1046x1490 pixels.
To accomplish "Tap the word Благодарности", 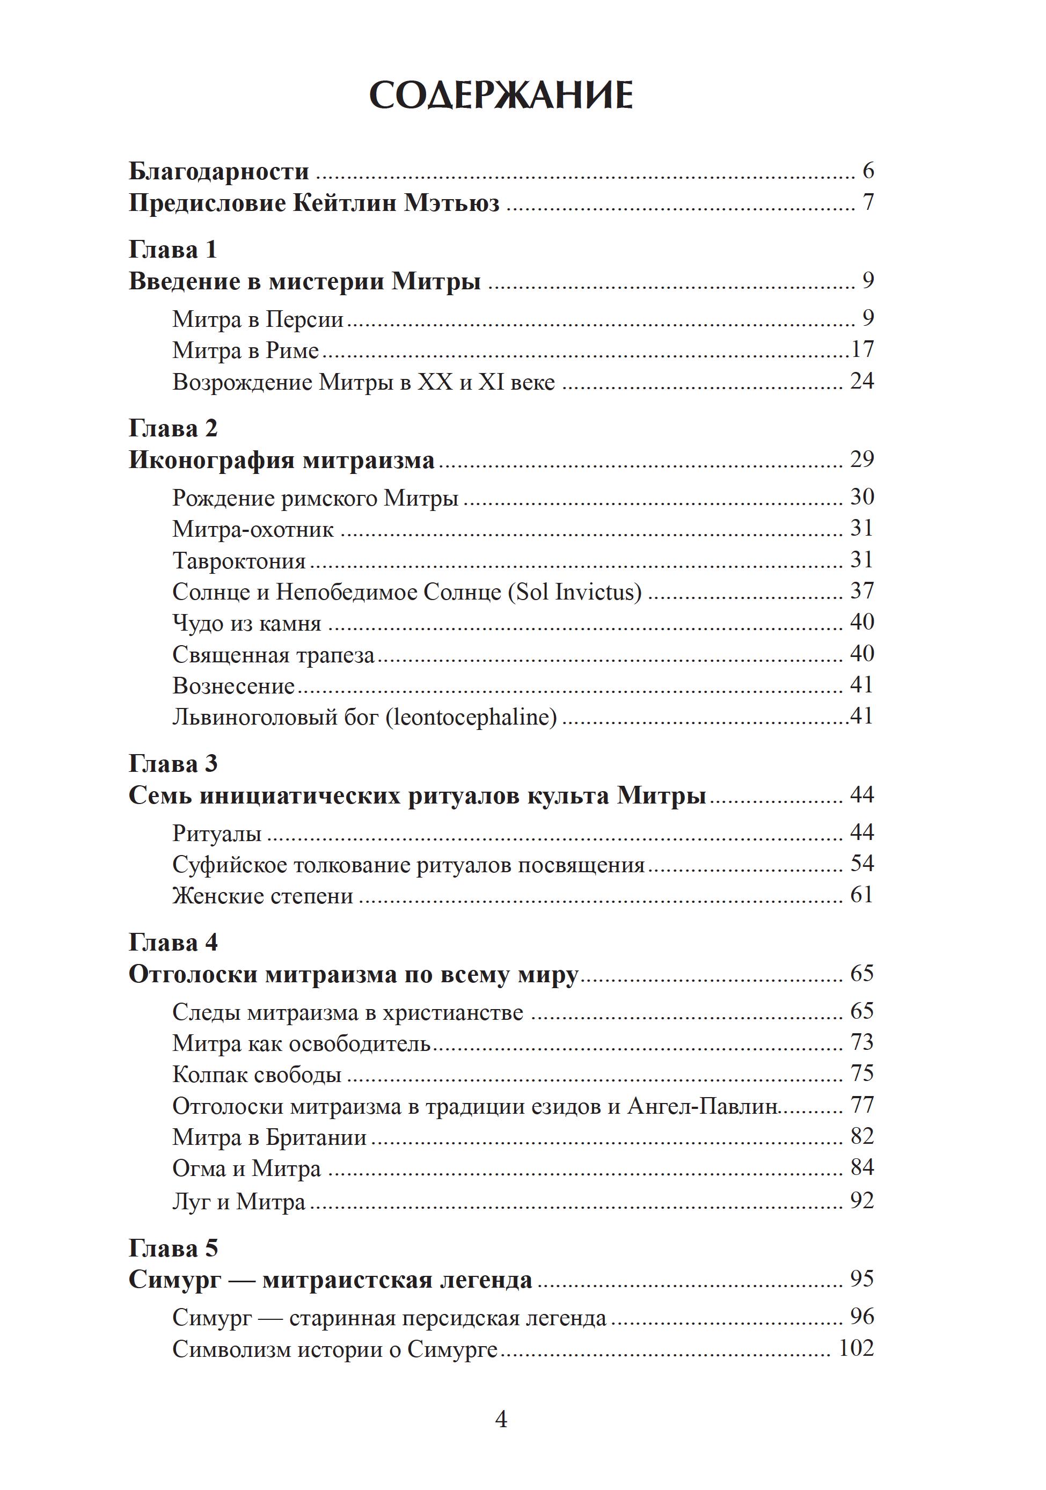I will coord(218,171).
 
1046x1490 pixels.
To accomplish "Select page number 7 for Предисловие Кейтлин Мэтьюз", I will coord(868,202).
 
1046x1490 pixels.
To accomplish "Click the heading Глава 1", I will coord(173,250).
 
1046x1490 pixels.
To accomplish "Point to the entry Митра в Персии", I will coord(258,319).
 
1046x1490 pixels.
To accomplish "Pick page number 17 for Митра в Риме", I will coord(862,350).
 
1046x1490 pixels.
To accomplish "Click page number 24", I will coord(862,381).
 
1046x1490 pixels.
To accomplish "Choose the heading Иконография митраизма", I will coord(282,460).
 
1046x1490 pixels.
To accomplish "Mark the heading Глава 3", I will coord(173,764).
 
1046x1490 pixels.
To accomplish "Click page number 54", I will coord(862,864).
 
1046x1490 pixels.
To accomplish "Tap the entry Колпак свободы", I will coord(257,1075).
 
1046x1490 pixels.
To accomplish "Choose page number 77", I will coord(862,1105).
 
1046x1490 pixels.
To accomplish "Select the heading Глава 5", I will coord(173,1248).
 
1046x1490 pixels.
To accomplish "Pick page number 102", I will coord(856,1348).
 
